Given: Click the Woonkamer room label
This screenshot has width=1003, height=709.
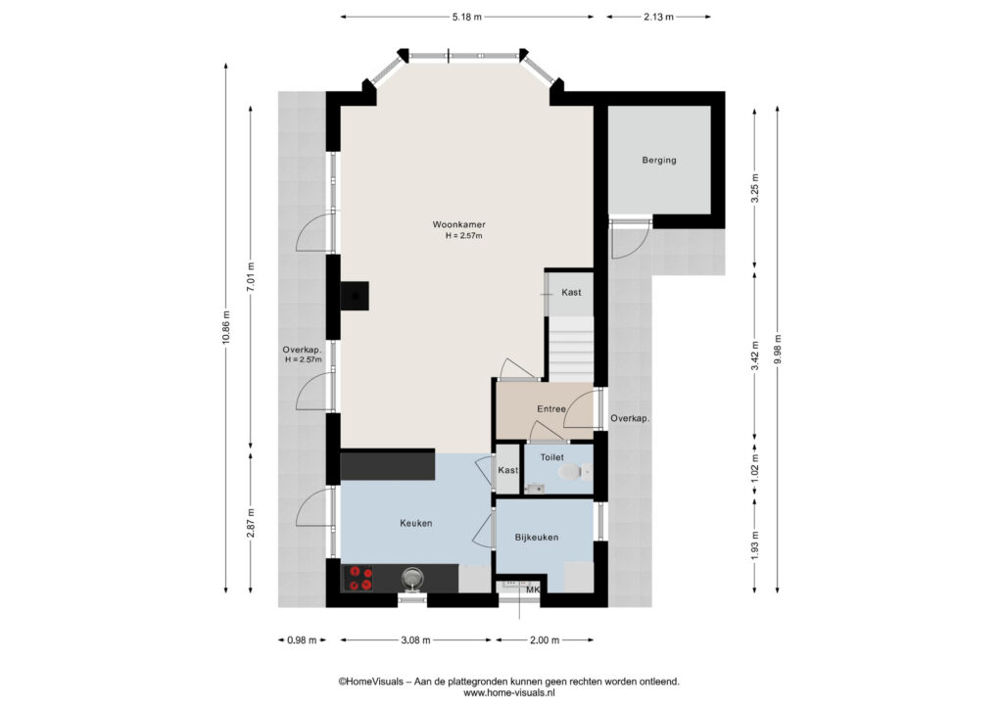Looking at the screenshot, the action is click(x=458, y=224).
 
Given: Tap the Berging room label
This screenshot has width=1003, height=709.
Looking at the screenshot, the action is click(x=659, y=160).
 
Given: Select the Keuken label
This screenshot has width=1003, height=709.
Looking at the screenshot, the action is click(x=415, y=523).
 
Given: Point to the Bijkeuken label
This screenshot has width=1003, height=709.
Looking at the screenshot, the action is click(x=536, y=537).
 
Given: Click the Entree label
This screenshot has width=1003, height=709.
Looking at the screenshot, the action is click(x=550, y=408).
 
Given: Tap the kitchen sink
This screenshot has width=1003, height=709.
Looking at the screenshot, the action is click(x=413, y=578).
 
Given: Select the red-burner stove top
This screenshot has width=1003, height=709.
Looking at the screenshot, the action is click(x=358, y=578).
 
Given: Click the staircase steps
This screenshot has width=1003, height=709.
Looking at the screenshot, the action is click(x=571, y=349).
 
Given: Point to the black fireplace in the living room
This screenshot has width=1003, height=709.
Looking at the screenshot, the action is click(x=355, y=296).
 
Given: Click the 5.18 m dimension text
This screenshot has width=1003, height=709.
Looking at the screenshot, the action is click(x=466, y=18).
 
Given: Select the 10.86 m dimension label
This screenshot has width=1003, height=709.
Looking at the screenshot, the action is click(x=226, y=327).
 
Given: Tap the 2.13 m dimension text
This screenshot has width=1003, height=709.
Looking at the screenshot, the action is click(x=658, y=18).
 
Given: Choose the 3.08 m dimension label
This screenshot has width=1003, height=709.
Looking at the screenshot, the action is click(x=415, y=639).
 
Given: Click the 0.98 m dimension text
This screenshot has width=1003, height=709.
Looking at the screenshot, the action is click(x=302, y=639).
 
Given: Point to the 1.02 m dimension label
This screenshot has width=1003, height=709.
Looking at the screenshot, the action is click(x=755, y=469).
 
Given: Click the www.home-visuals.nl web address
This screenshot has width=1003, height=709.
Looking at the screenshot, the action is click(x=508, y=692).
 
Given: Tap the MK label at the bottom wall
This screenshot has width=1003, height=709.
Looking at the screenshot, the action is click(x=533, y=591).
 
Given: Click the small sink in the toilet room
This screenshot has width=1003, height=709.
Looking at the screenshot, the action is click(x=535, y=489).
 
